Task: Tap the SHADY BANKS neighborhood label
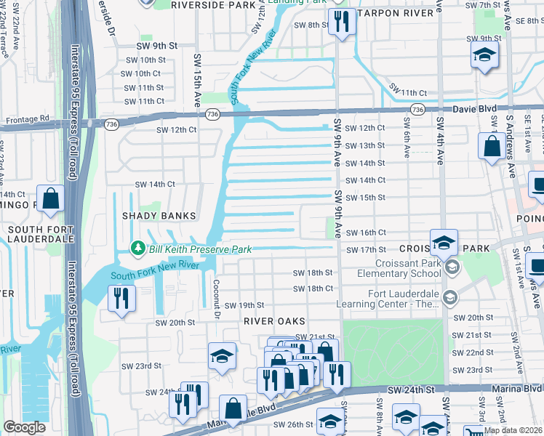click(x=159, y=216)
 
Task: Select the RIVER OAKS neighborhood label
click(x=273, y=321)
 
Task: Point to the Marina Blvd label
click(x=518, y=389)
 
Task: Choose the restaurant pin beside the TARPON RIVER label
click(x=339, y=21)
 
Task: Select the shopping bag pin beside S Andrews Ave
click(x=492, y=145)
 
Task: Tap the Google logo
click(x=24, y=427)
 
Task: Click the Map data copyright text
click(x=513, y=430)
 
